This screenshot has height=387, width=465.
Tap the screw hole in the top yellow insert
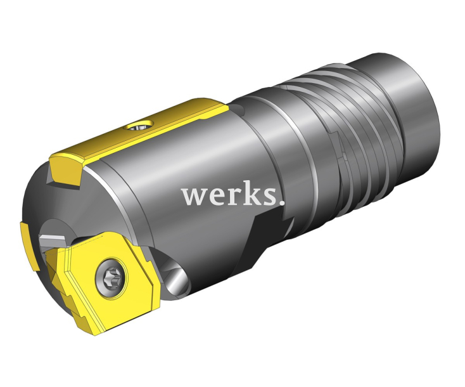[139, 126]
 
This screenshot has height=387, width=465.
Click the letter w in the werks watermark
[194, 197]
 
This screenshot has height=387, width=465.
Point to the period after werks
[282, 203]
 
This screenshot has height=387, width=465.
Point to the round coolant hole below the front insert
[175, 275]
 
